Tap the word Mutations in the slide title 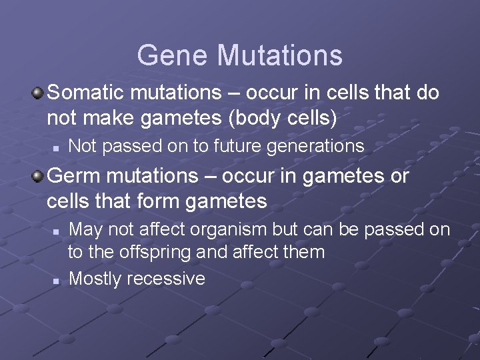(x=279, y=55)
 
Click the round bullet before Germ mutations (x=39, y=177)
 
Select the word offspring (x=151, y=253)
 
